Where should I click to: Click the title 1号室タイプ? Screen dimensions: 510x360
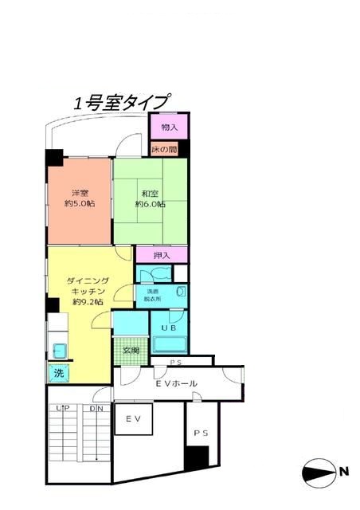pyautogui.click(x=121, y=103)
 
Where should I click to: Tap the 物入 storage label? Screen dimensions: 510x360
pyautogui.click(x=168, y=127)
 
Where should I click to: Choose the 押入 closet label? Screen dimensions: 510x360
pyautogui.click(x=162, y=256)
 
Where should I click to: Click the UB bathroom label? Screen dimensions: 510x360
pyautogui.click(x=170, y=328)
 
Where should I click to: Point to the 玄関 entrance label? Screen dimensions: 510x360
pyautogui.click(x=130, y=351)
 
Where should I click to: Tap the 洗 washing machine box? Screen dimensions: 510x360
pyautogui.click(x=58, y=372)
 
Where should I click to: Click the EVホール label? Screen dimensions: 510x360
pyautogui.click(x=176, y=384)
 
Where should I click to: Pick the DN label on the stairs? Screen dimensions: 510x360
pyautogui.click(x=96, y=409)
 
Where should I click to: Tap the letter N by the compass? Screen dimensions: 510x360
pyautogui.click(x=344, y=472)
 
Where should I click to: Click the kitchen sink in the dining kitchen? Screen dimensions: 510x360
pyautogui.click(x=59, y=348)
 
